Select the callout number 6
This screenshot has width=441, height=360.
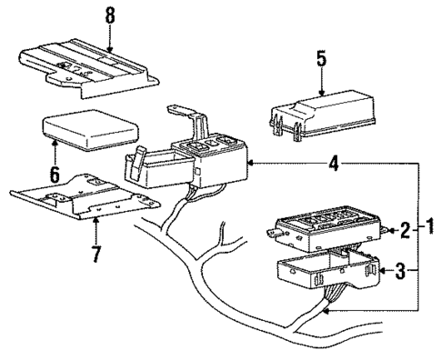click(55, 173)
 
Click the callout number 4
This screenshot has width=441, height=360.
click(336, 164)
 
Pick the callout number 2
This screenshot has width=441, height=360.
click(405, 232)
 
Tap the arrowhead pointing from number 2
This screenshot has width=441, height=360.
click(389, 232)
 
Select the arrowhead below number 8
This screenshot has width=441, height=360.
click(109, 46)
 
